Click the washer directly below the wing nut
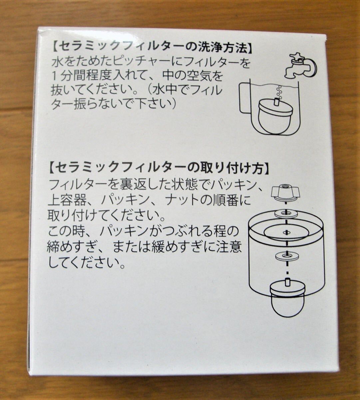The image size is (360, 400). coord(286,212)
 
